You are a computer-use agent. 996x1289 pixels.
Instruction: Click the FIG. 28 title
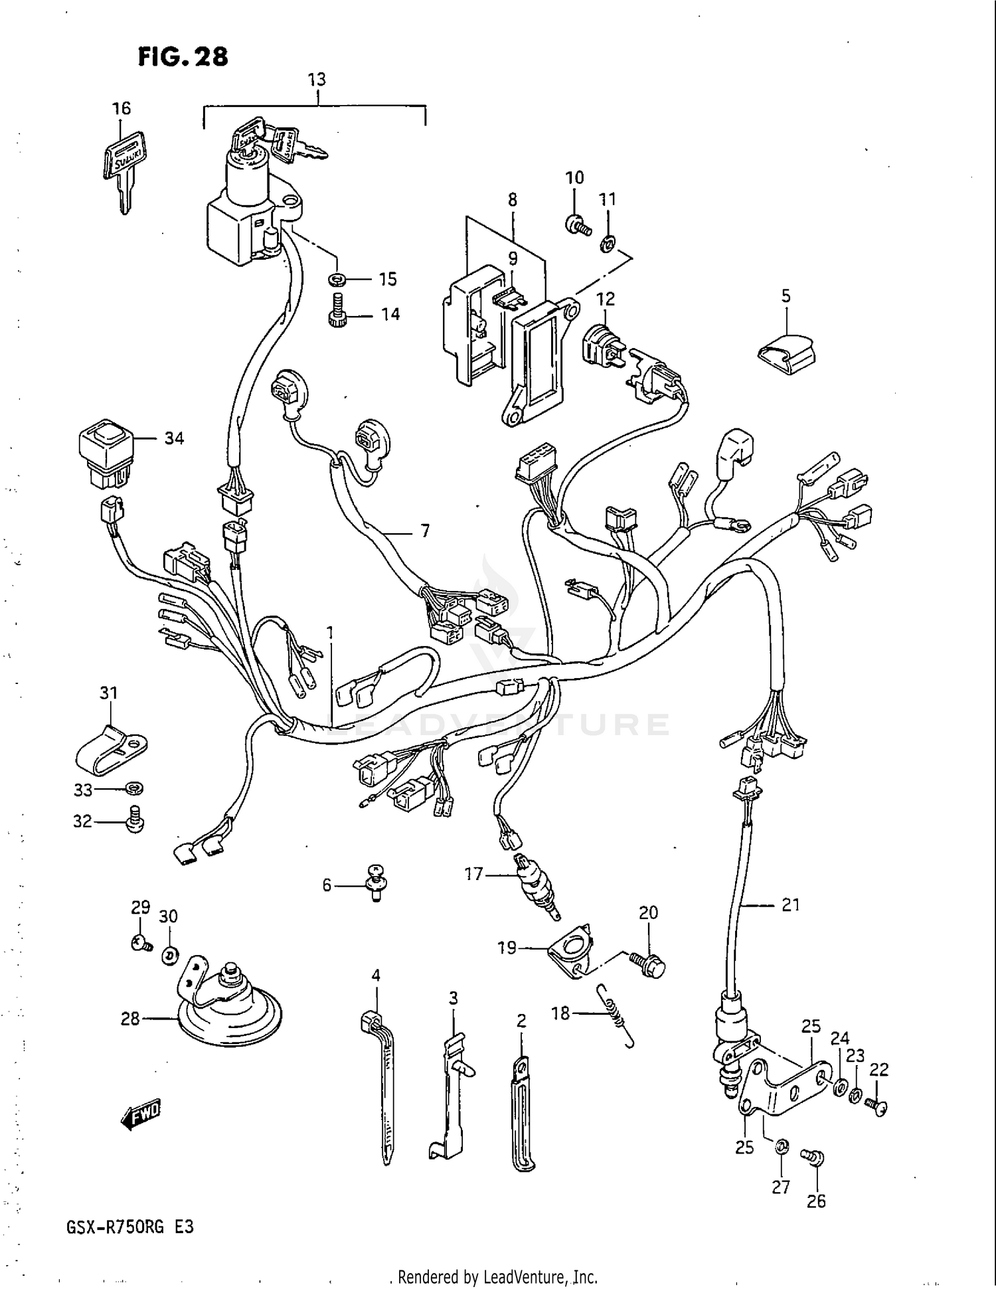click(x=183, y=56)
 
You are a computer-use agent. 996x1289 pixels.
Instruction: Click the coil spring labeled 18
click(x=616, y=1013)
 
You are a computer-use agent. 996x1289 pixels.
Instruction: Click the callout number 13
click(x=317, y=80)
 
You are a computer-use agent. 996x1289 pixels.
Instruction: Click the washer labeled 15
click(x=338, y=278)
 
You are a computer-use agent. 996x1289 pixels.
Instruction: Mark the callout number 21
click(x=790, y=904)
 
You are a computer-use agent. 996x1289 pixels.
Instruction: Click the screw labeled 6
click(x=376, y=882)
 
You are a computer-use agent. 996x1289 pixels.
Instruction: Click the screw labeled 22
click(x=878, y=1105)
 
